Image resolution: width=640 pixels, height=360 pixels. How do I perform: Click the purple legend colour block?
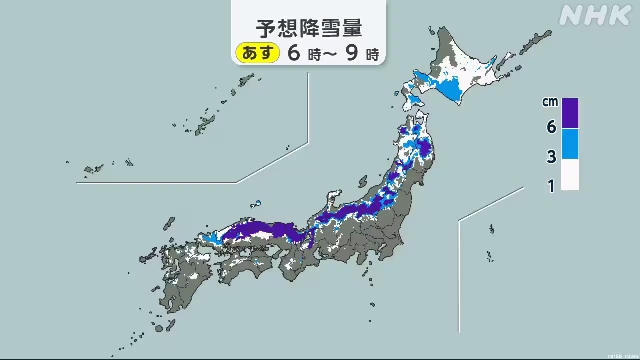pyautogui.click(x=570, y=113)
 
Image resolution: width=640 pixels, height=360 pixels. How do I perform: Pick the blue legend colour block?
pyautogui.click(x=570, y=145)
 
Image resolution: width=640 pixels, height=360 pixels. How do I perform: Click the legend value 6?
pyautogui.click(x=549, y=127)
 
